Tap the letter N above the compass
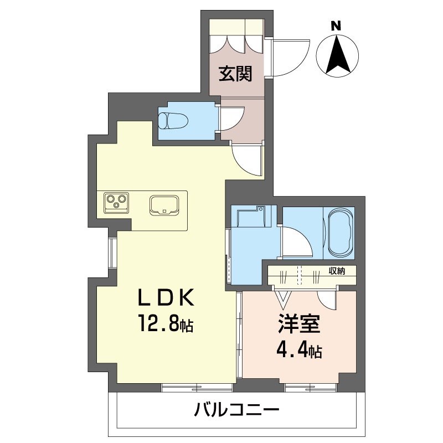tap(335, 25)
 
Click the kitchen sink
tap(163, 204)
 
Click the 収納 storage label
tap(337, 271)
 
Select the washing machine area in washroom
tap(249, 217)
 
